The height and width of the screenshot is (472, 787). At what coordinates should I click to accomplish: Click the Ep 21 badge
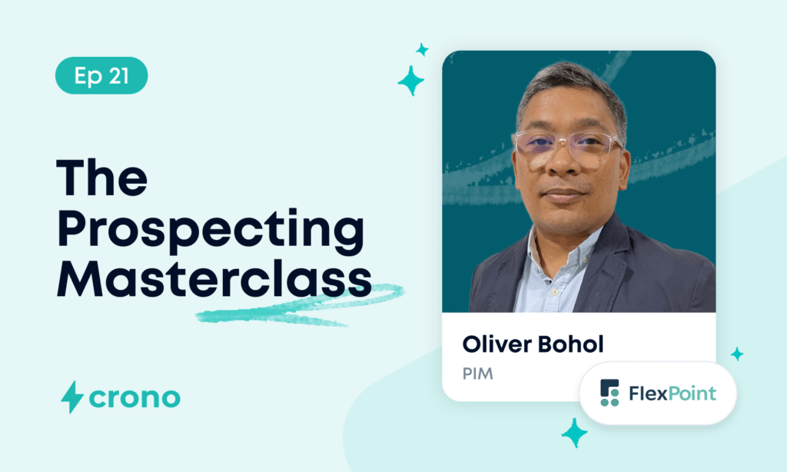coord(101,75)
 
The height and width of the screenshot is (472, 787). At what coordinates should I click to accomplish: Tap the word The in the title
coord(102,178)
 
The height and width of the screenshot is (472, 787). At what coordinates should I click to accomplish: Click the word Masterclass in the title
coord(215,278)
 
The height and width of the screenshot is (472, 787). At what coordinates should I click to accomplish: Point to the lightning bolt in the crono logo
coord(71,397)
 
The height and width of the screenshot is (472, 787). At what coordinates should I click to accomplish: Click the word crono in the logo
coord(134,397)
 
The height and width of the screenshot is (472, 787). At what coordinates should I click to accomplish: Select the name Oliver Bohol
coord(533,344)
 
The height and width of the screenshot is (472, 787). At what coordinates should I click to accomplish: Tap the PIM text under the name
coord(478,374)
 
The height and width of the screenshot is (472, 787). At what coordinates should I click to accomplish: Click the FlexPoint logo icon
coord(609,393)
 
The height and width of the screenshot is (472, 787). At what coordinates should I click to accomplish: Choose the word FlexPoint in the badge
coord(672,393)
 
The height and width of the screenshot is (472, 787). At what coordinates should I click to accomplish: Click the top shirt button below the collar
coord(554,291)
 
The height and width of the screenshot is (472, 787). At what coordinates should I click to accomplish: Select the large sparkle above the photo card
coord(411,81)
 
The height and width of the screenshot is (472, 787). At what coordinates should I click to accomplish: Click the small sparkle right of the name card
coord(737,354)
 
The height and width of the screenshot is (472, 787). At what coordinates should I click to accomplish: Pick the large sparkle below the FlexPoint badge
coord(574,432)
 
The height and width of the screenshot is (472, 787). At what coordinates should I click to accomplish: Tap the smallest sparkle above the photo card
coord(422,50)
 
